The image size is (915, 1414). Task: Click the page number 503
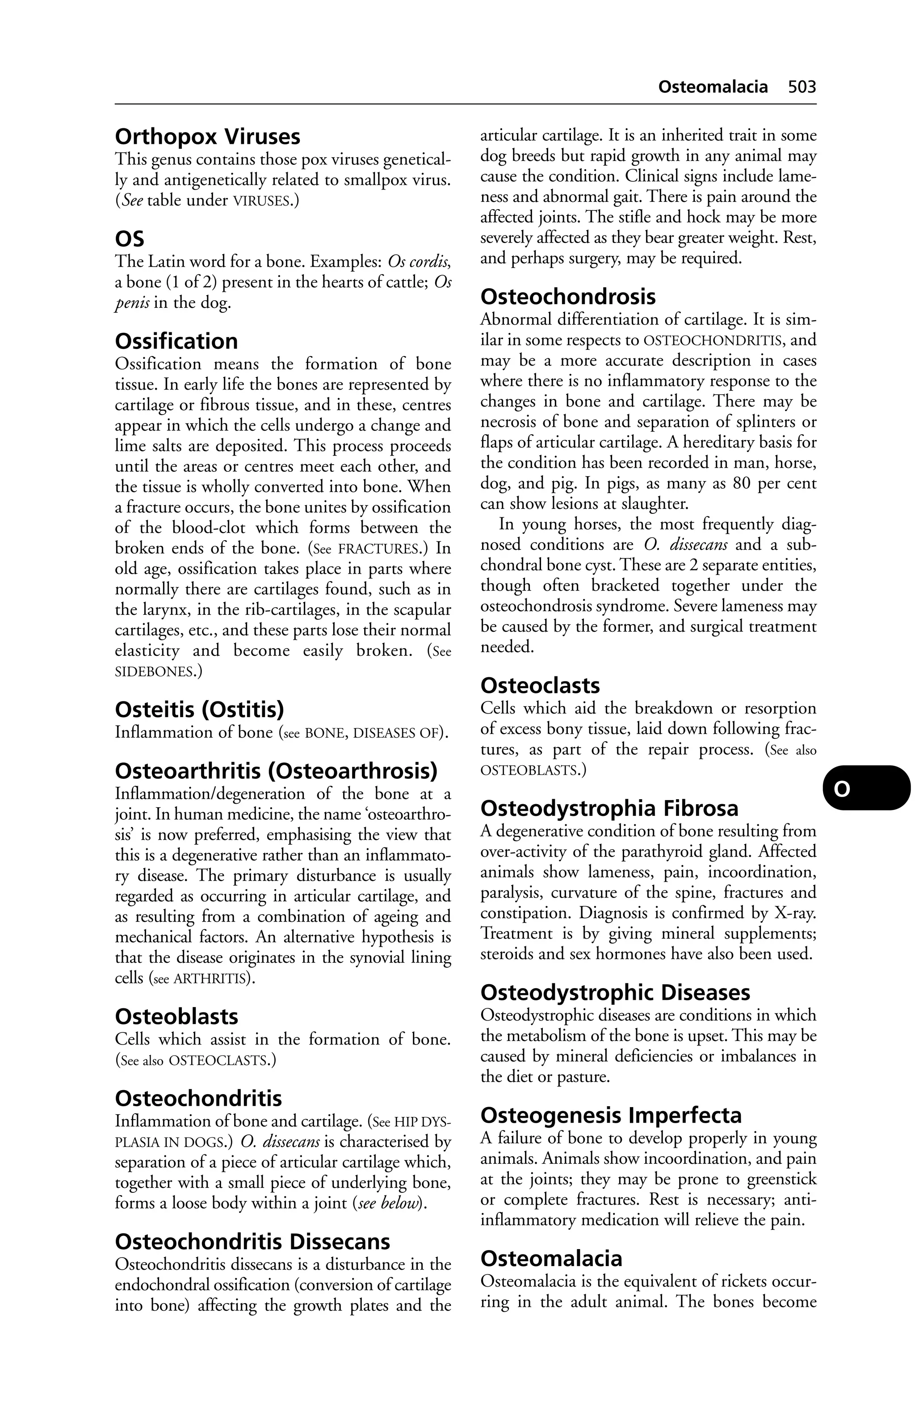[x=802, y=87]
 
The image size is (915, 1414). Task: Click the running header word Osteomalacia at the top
[x=713, y=87]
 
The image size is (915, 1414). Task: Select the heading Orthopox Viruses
[x=207, y=137]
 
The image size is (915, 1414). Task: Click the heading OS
[x=129, y=239]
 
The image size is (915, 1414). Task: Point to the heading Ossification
[x=176, y=342]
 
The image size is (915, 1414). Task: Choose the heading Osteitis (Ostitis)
[x=199, y=709]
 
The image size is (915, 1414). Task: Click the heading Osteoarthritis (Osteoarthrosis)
[x=276, y=771]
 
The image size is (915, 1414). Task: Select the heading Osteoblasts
[x=176, y=1016]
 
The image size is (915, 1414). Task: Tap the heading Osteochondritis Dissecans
[x=252, y=1242]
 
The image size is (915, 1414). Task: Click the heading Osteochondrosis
[x=568, y=297]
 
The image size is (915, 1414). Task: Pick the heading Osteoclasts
[x=540, y=686]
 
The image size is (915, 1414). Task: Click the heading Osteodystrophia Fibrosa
[x=609, y=809]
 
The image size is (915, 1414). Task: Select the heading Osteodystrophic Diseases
[x=615, y=993]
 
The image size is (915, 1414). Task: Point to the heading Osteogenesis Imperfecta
[x=611, y=1116]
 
